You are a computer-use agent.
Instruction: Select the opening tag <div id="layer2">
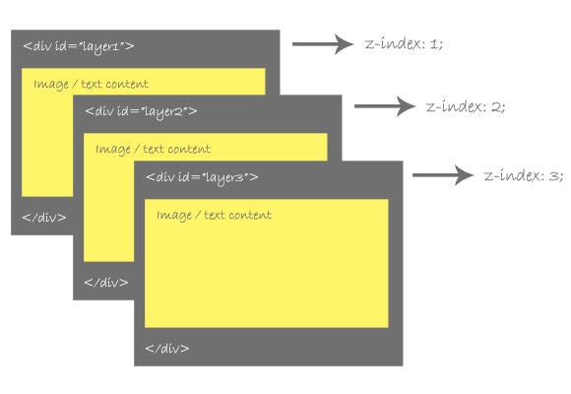tap(141, 110)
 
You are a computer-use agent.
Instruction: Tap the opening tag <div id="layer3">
tap(202, 176)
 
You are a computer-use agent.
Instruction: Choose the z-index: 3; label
tap(523, 175)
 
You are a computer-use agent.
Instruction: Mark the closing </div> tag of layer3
tap(167, 348)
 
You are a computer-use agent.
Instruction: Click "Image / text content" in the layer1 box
tap(91, 85)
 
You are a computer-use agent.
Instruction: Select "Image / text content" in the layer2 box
tap(153, 150)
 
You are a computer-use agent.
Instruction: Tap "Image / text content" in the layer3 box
tap(214, 215)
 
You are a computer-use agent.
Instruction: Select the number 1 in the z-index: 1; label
tap(436, 44)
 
